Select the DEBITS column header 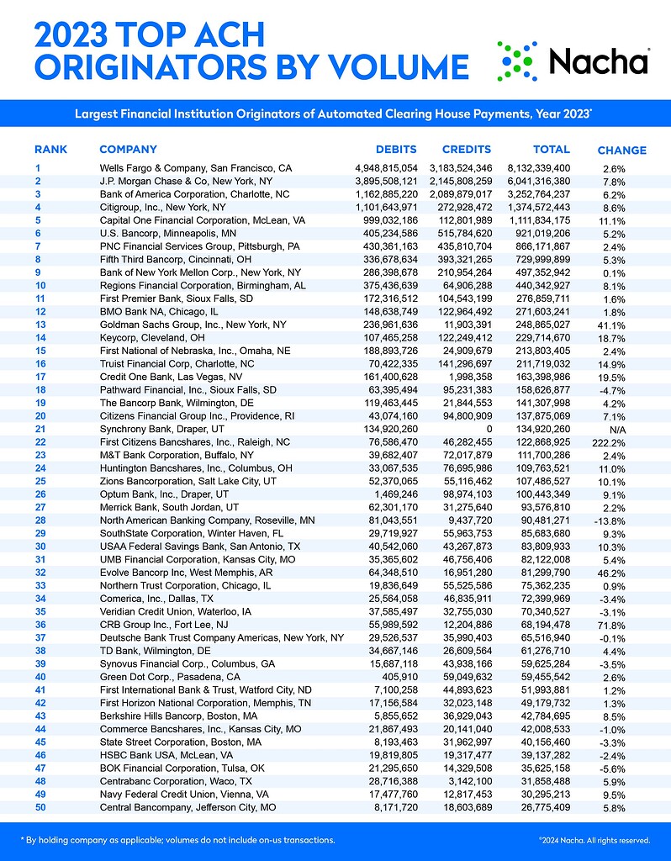click(x=396, y=150)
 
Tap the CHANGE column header click(x=621, y=151)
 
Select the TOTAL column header click(x=552, y=150)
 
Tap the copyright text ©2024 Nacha click(x=594, y=839)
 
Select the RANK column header click(x=50, y=150)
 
